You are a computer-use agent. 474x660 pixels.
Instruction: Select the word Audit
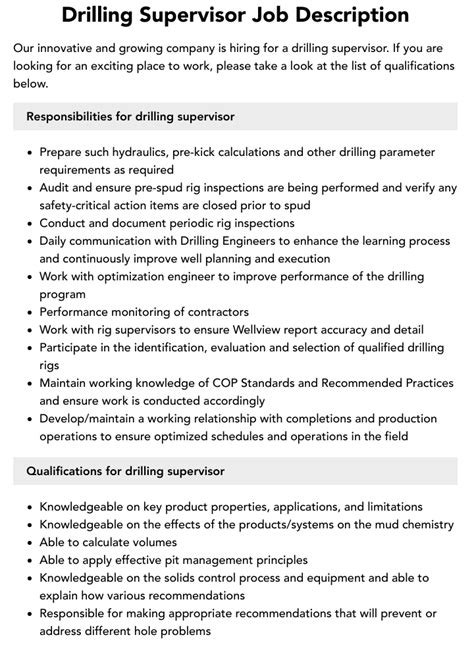click(56, 188)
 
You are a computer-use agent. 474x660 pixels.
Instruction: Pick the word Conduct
click(65, 223)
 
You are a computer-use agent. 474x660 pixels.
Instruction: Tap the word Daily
click(55, 241)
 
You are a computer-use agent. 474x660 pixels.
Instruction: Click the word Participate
click(73, 347)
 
